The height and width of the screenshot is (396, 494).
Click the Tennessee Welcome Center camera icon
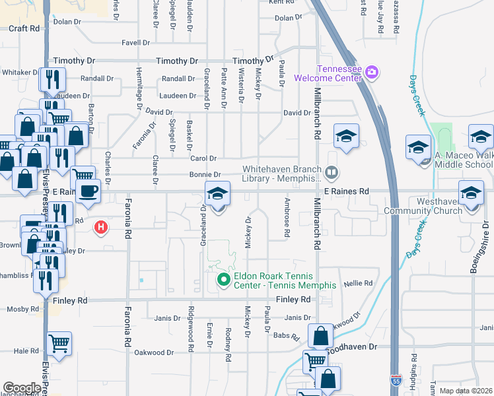[x=371, y=71]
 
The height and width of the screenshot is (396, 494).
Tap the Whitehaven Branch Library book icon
[x=332, y=173]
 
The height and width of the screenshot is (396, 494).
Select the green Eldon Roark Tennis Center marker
[x=223, y=280]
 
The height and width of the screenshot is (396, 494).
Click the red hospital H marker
[x=100, y=228]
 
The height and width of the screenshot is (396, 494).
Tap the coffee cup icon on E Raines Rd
[x=87, y=191]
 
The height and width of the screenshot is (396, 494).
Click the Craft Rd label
[x=24, y=28]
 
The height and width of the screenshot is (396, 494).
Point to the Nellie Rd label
[x=359, y=282]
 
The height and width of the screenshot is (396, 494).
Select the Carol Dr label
[x=203, y=158]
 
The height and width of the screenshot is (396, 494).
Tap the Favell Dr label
[x=137, y=43]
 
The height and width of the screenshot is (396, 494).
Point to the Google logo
[x=22, y=388]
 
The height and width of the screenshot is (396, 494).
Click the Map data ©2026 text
[x=466, y=391]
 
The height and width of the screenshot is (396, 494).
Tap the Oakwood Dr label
[x=153, y=352]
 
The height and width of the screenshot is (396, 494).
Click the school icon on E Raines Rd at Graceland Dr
[x=217, y=193]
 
